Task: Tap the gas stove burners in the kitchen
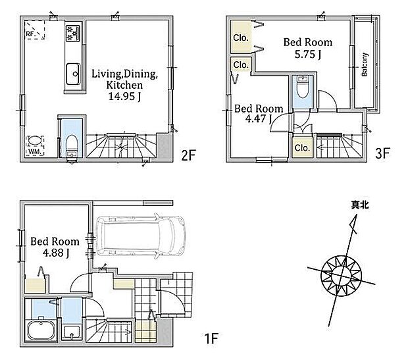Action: point(73,33)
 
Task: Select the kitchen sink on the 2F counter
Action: point(73,74)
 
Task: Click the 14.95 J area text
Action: point(124,97)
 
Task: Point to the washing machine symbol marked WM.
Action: point(35,145)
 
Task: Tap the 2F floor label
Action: point(188,155)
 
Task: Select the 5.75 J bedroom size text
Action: point(308,54)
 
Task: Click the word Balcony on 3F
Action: point(365,64)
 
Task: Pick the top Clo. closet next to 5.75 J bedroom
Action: point(240,38)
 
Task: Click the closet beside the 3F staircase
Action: point(302,147)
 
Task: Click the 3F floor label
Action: point(382,153)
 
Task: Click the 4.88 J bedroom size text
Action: point(56,253)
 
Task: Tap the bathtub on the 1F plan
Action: point(41,330)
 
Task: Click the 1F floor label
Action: point(211,338)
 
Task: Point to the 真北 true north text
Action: point(359,205)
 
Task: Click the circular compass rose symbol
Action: point(341,276)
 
